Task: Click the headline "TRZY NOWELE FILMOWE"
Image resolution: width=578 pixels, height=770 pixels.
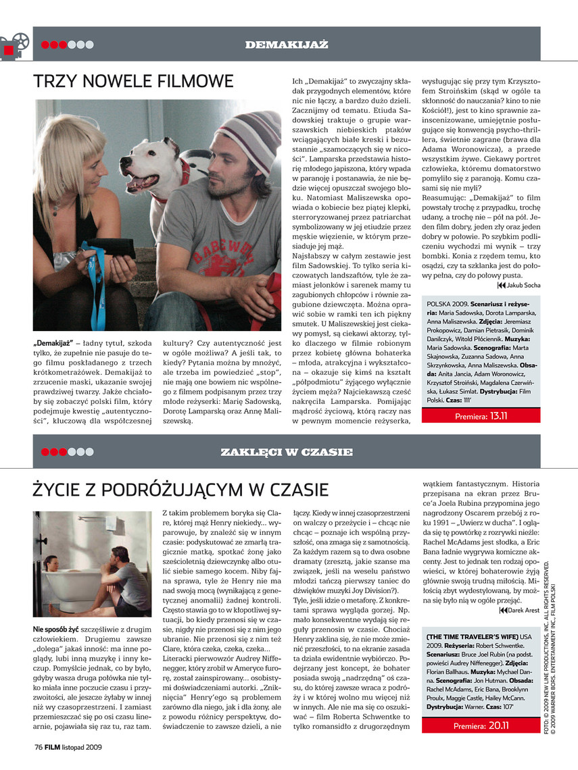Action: (133, 82)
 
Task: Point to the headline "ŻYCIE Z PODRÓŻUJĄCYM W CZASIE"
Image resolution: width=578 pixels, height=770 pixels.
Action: (181, 489)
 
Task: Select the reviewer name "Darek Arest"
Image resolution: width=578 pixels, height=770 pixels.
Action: (523, 611)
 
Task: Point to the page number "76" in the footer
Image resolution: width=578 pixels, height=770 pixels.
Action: (39, 747)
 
